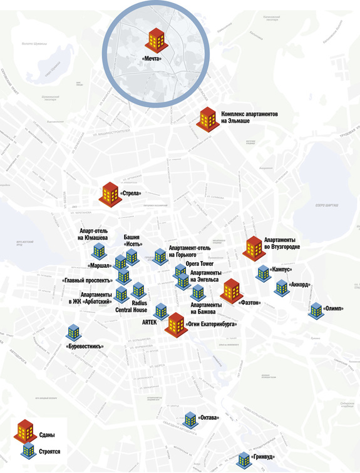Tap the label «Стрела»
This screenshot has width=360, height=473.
[x=131, y=194]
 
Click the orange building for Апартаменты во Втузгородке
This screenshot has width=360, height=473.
[x=254, y=248]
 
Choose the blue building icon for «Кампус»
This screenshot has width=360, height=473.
[x=263, y=273]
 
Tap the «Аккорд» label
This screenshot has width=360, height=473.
[x=301, y=285]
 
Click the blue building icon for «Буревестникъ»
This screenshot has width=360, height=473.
[x=73, y=333]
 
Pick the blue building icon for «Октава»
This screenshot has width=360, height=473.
[x=190, y=419]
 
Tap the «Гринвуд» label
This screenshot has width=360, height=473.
[x=262, y=459]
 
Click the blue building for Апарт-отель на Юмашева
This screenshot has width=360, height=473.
[x=98, y=252]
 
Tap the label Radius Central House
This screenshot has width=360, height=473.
[x=131, y=306]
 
